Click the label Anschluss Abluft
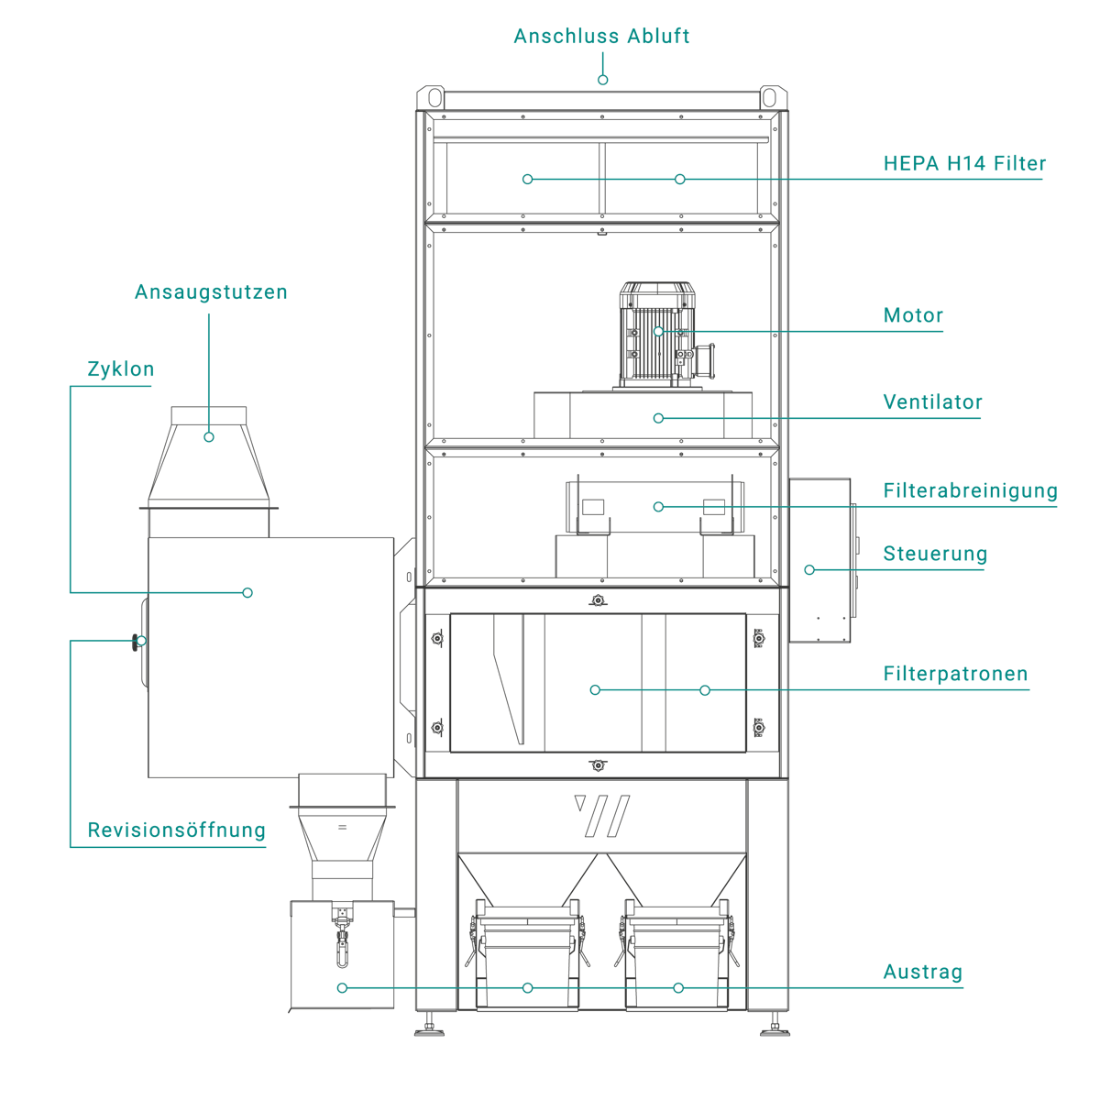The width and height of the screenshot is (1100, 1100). tap(600, 37)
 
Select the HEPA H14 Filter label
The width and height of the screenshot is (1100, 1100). tap(964, 164)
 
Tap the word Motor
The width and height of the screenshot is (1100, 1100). tap(913, 316)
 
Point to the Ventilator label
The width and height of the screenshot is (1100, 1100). tap(932, 402)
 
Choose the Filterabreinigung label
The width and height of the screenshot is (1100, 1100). tap(970, 491)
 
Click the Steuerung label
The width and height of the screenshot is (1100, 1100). tap(935, 555)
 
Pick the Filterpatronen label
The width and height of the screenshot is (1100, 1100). tap(955, 675)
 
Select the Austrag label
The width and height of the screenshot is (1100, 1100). tap(922, 973)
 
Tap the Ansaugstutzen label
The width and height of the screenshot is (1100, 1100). tap(211, 292)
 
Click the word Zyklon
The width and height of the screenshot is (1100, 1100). tap(120, 370)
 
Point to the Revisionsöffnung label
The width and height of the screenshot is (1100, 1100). tap(176, 830)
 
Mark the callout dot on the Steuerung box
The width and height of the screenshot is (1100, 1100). tap(809, 570)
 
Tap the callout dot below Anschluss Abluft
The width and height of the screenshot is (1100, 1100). tap(602, 81)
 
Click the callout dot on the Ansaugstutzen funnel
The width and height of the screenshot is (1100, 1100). tap(209, 437)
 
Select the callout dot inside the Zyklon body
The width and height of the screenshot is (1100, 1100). tap(247, 593)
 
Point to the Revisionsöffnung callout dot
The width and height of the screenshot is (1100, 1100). tap(140, 641)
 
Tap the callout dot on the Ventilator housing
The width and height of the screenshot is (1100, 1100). tap(658, 418)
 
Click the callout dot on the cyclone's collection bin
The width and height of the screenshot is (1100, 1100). tap(342, 988)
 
